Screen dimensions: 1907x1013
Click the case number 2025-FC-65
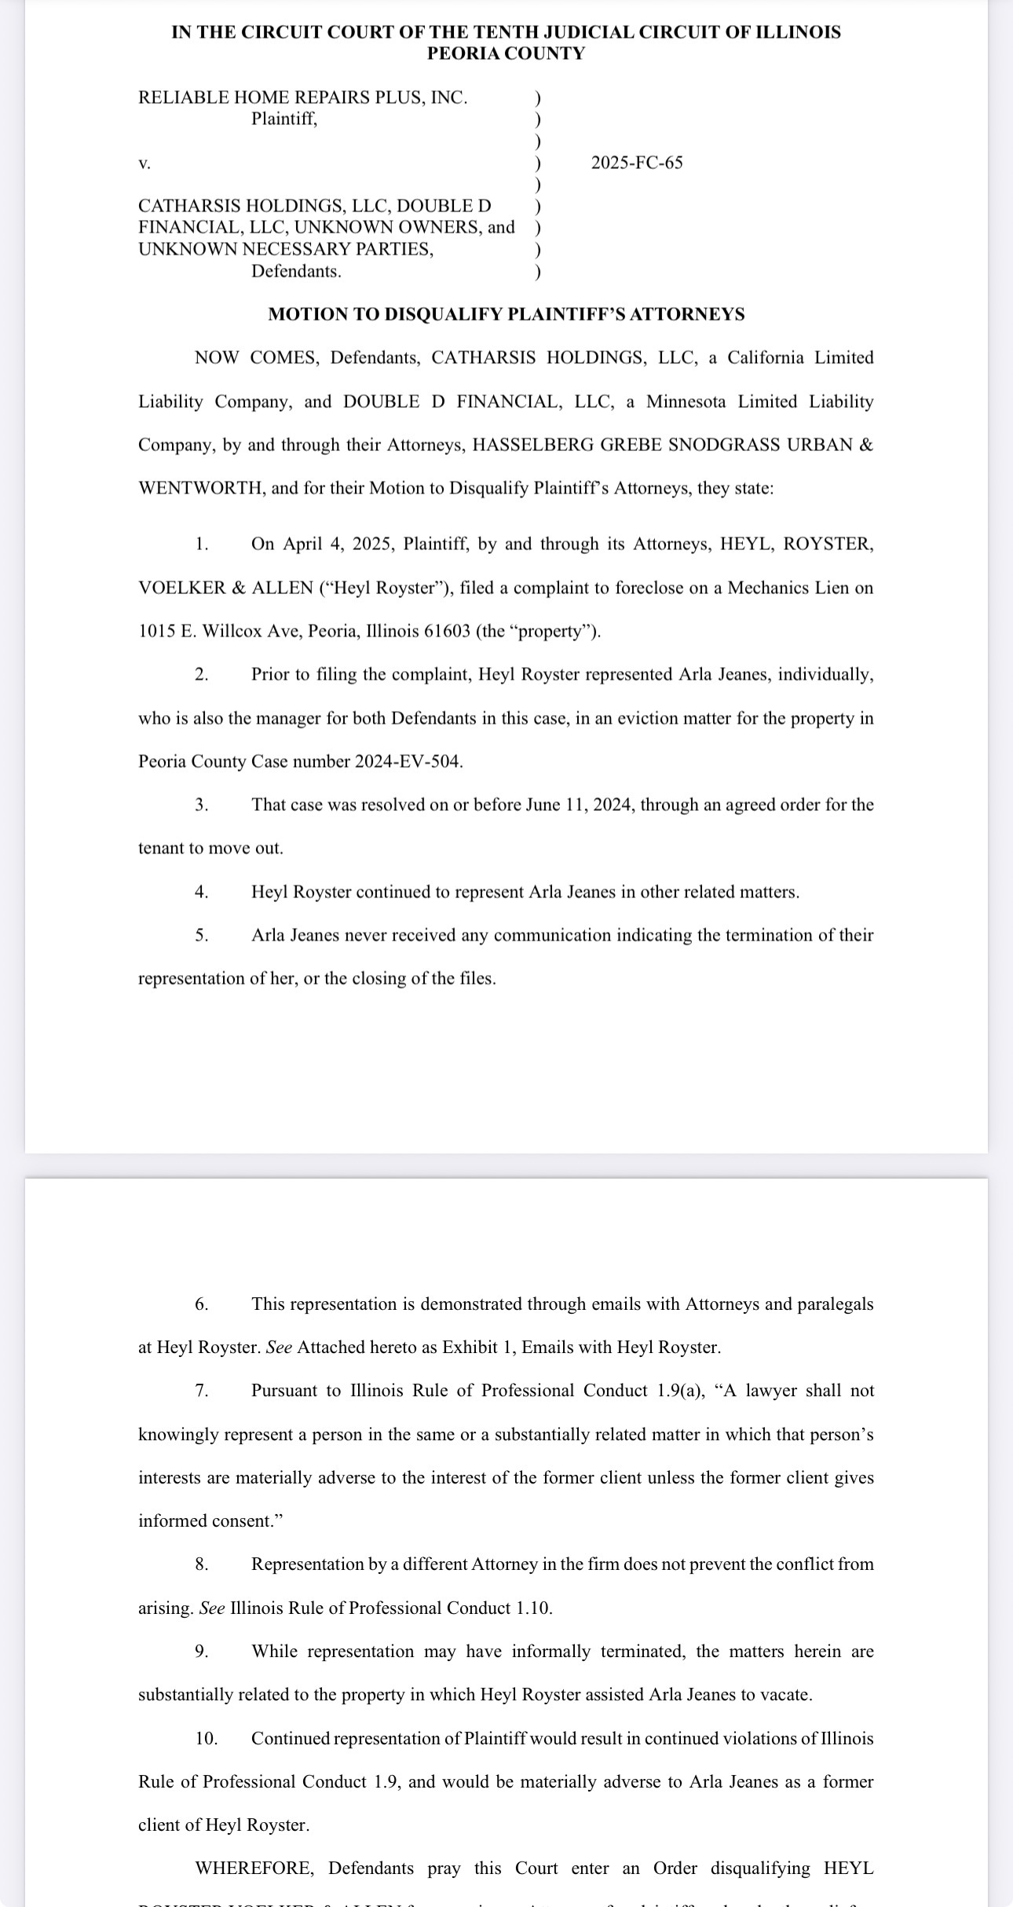click(636, 163)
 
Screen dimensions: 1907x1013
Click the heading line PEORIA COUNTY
click(506, 53)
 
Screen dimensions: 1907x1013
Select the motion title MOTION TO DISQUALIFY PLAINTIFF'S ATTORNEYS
click(506, 314)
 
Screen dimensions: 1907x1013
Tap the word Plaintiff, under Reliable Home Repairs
click(284, 119)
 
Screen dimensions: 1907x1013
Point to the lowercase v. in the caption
click(144, 163)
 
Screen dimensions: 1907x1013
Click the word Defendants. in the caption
click(296, 271)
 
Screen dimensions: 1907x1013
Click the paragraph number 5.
click(202, 935)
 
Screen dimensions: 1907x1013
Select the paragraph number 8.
click(202, 1564)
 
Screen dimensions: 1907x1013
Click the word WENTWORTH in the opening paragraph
click(201, 488)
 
